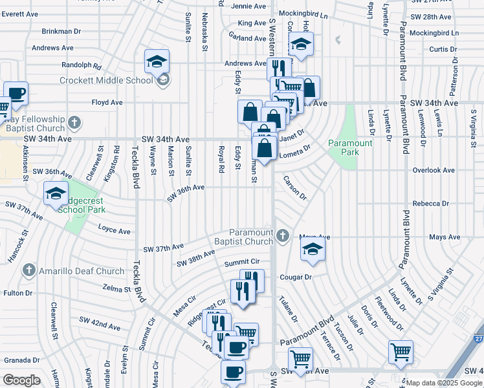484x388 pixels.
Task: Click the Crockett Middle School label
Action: [106, 81]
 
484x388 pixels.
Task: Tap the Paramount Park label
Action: [350, 147]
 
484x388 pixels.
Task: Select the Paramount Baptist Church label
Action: [252, 237]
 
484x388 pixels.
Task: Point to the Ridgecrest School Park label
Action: [82, 206]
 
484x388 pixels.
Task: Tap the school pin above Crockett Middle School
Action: [157, 62]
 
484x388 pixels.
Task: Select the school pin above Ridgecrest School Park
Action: [56, 193]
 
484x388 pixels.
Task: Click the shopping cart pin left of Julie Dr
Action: [401, 352]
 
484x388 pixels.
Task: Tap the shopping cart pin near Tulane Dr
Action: [300, 359]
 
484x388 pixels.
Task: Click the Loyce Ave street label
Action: [115, 228]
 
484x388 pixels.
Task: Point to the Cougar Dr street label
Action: [296, 277]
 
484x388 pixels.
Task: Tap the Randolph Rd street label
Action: [82, 65]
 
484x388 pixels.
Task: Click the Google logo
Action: [21, 380]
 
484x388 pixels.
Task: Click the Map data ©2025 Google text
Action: [444, 383]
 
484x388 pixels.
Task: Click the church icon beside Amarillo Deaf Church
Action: [28, 270]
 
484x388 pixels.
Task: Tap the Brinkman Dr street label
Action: [60, 31]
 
